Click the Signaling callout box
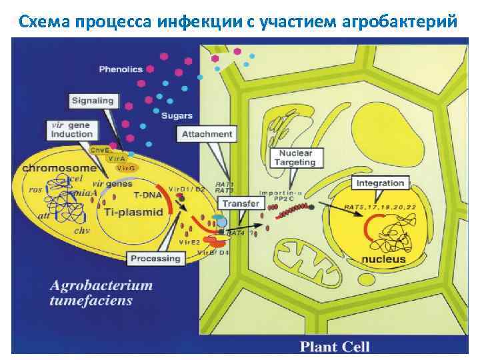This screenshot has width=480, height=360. [93, 101]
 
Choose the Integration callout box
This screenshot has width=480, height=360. [380, 183]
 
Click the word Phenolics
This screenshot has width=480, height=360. [121, 69]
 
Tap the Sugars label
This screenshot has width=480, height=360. [177, 115]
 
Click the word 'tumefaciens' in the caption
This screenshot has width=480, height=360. [91, 301]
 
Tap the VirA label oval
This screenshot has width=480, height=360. [117, 158]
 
